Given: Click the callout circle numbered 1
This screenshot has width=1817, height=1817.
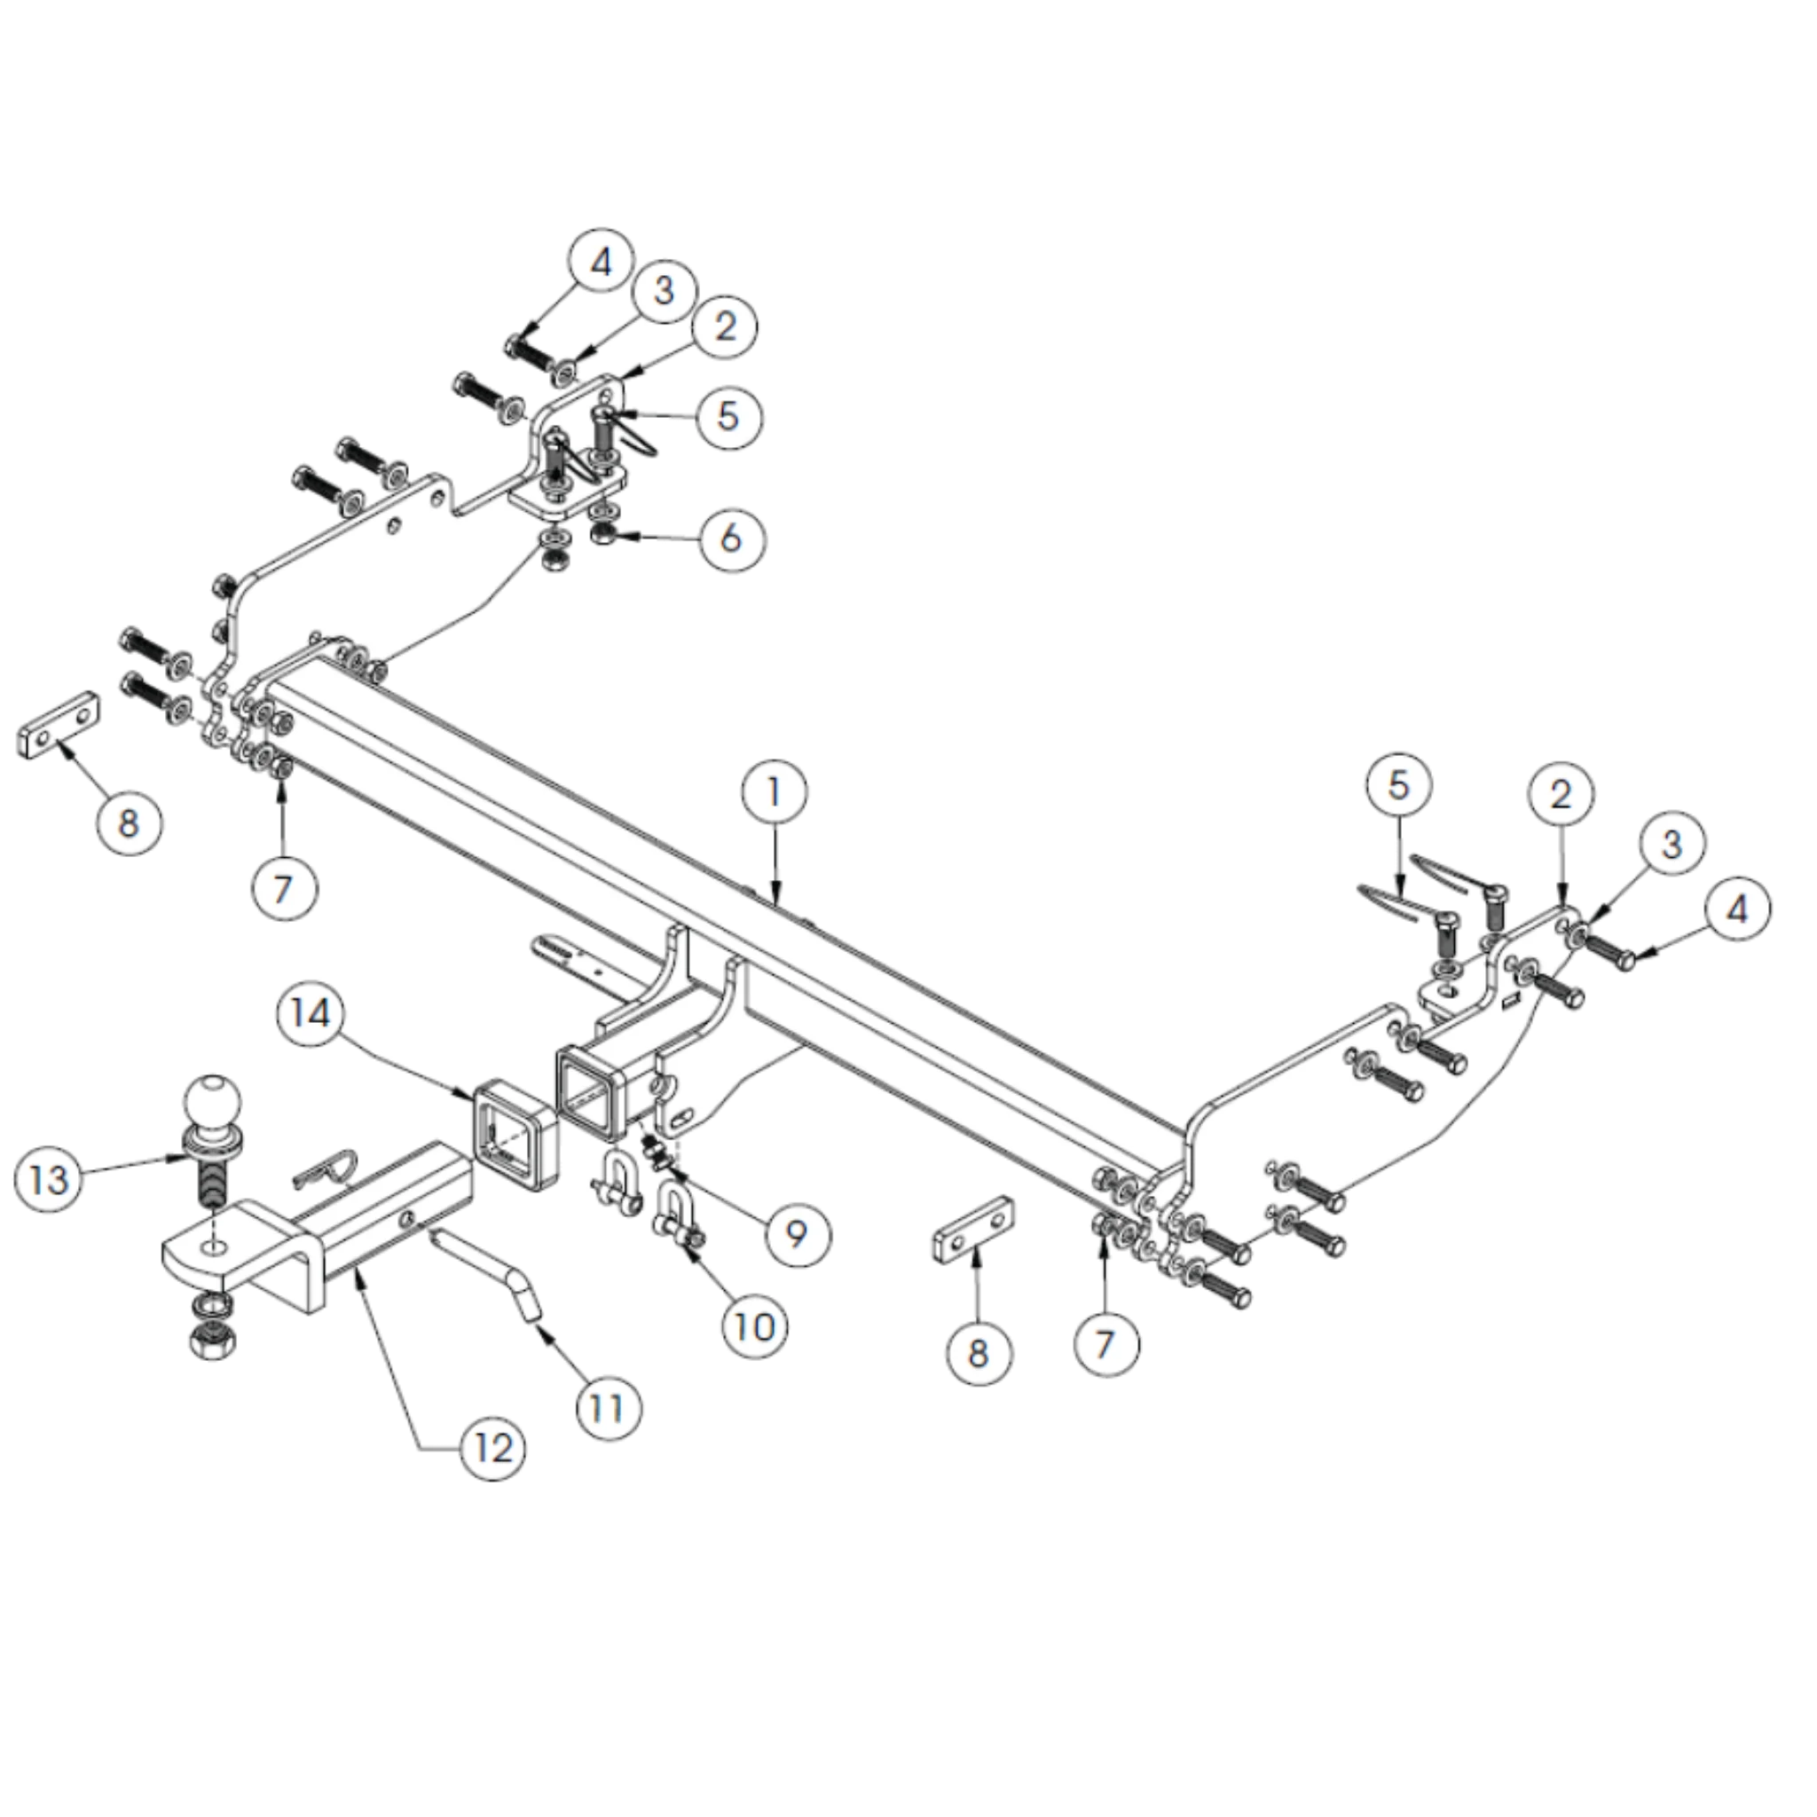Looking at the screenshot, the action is click(774, 792).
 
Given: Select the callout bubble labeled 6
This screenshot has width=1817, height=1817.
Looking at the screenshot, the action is click(731, 539).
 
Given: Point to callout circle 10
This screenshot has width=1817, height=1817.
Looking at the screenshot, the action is click(755, 1327).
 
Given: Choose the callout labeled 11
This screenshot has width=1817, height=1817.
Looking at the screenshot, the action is click(608, 1408).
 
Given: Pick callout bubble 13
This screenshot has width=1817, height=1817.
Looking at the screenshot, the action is click(49, 1179).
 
